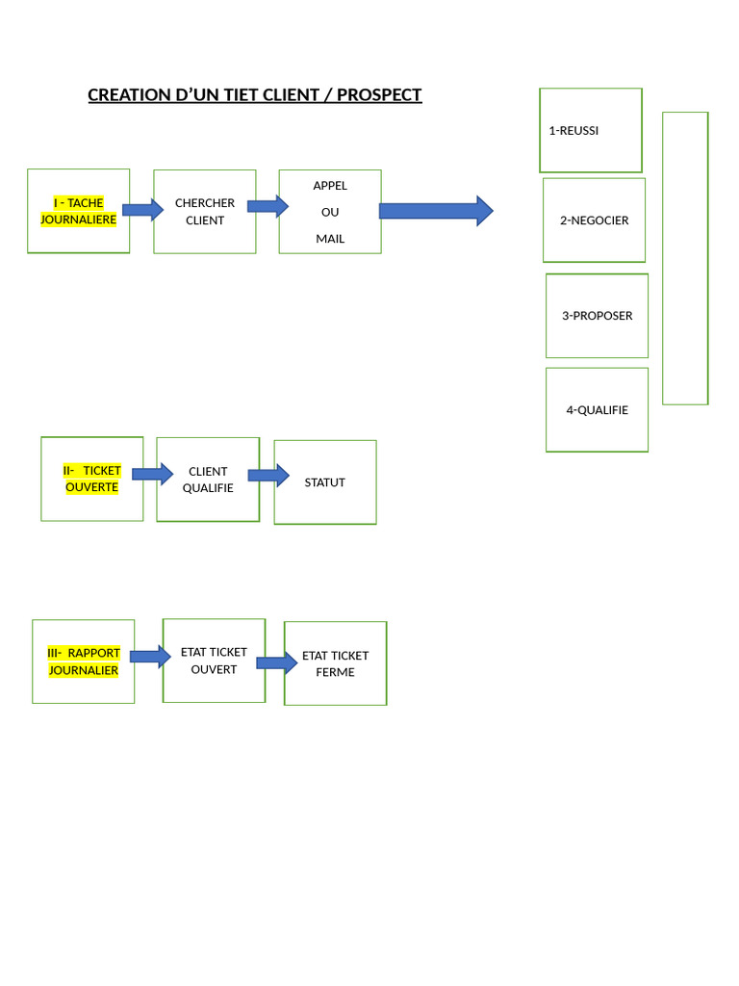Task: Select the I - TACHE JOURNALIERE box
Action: click(x=78, y=211)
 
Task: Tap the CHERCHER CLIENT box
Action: click(x=205, y=212)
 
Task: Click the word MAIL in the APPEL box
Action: click(x=330, y=239)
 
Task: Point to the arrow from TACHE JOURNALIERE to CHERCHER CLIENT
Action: click(x=142, y=209)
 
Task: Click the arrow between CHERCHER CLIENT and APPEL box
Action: click(x=268, y=206)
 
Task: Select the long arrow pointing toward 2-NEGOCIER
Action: click(x=436, y=211)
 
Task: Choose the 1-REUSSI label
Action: click(x=573, y=131)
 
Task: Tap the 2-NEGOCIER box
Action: click(x=594, y=221)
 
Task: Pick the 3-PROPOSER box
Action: click(x=597, y=316)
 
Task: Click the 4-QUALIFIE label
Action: click(x=597, y=410)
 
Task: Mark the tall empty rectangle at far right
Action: click(x=685, y=258)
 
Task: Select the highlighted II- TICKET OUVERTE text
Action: click(x=92, y=480)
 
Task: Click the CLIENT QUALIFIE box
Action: click(x=208, y=480)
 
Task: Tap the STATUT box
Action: click(x=325, y=482)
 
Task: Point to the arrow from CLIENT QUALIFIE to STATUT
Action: click(x=268, y=475)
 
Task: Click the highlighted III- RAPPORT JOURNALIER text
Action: click(x=84, y=662)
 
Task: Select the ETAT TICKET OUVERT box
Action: click(x=214, y=661)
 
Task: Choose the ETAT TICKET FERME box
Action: click(x=335, y=663)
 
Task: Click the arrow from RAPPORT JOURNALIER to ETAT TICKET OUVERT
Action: click(x=150, y=657)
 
